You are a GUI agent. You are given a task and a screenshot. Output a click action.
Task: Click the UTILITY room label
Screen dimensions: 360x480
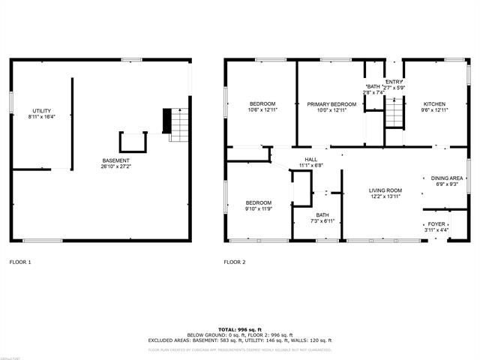coord(41,110)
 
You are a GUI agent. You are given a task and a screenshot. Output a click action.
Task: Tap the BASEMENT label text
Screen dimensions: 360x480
coord(115,160)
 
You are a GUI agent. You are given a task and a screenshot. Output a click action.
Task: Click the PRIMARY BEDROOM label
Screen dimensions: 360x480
coord(331,103)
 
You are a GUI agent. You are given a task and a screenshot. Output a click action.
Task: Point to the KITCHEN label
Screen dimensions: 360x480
coord(435,103)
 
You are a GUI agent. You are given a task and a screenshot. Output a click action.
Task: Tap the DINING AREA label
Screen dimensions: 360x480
coord(447,178)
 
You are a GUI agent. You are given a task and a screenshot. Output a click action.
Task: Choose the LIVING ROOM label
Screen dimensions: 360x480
coord(385,190)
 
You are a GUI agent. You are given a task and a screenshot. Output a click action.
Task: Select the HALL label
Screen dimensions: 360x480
coord(310,159)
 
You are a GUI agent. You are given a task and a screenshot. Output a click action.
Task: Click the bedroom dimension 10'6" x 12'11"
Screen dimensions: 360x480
coord(262,110)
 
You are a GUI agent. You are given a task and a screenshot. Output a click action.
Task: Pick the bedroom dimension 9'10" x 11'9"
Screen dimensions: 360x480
coord(259,209)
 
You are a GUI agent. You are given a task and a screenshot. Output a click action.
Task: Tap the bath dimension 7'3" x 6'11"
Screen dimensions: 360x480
coord(322,221)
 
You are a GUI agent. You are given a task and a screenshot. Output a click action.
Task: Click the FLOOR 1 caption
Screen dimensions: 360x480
coord(20,262)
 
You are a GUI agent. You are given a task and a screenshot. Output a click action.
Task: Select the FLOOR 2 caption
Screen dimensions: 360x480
coord(235,262)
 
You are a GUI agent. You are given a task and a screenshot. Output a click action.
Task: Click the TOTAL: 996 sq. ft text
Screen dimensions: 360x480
coord(239,329)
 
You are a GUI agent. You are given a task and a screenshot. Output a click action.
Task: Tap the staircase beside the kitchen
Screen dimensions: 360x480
coord(394,117)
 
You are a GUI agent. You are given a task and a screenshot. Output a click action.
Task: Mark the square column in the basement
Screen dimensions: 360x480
coord(130,142)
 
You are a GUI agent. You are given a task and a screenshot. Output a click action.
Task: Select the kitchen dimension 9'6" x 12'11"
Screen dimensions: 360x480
coord(435,110)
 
